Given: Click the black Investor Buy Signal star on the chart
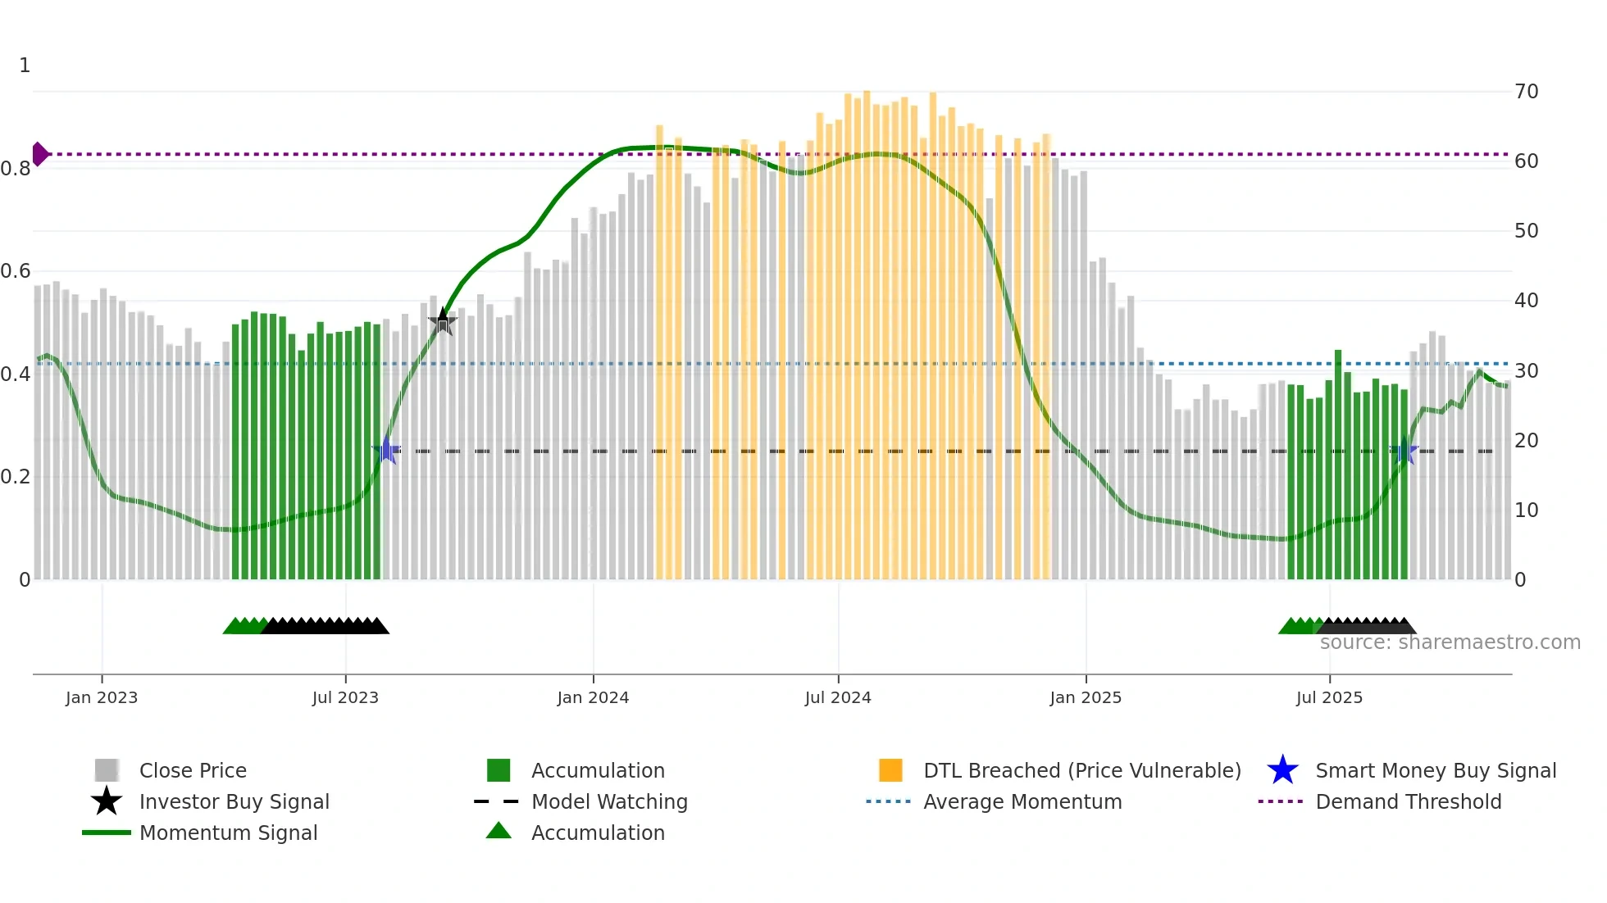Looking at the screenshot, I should (x=443, y=322).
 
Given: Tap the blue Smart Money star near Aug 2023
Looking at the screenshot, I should (x=386, y=451).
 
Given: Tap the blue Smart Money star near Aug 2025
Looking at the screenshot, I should (x=1404, y=451).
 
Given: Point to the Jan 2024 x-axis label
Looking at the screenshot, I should (x=593, y=698).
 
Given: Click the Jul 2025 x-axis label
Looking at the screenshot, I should (x=1329, y=698).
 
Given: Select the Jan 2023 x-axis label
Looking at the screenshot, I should (x=102, y=698).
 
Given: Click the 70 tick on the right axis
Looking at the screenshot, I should (x=1527, y=92).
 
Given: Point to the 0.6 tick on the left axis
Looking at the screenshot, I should (x=16, y=271).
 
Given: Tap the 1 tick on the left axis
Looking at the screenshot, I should (x=25, y=66).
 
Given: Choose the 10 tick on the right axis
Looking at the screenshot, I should (x=1527, y=510).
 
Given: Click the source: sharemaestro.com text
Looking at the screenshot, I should (x=1450, y=642).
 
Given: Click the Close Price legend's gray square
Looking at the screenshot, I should (x=107, y=770).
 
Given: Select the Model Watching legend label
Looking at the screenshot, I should (x=609, y=801).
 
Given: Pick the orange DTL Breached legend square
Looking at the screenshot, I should (x=890, y=770).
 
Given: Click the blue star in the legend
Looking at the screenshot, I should (x=1282, y=770).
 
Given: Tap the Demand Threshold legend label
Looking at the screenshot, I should (x=1408, y=801).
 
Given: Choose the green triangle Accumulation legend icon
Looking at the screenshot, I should (x=498, y=832).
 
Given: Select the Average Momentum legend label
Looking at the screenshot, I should (x=1022, y=801).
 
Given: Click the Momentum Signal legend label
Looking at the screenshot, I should (x=228, y=833).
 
